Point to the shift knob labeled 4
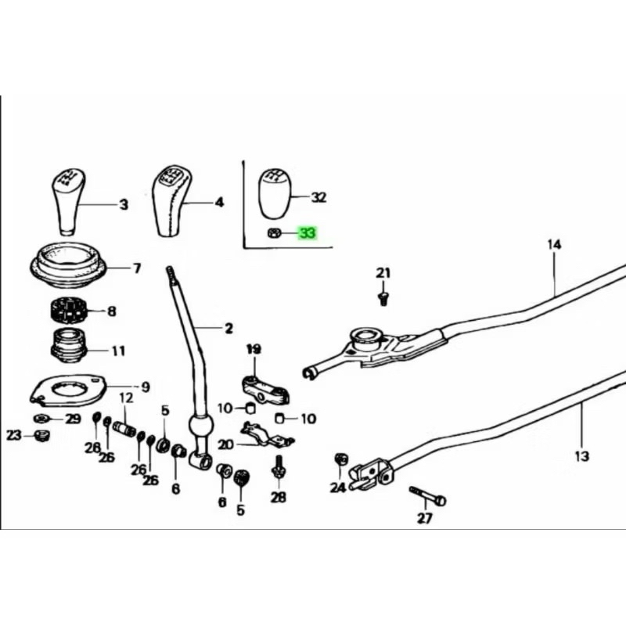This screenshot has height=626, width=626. point(171,200)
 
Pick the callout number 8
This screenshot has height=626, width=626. point(111,311)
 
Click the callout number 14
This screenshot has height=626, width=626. point(554,245)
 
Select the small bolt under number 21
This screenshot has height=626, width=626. point(383,297)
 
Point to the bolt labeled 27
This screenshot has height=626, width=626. point(426,496)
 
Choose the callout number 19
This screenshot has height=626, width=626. point(254,347)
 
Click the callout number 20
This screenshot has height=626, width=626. point(226,444)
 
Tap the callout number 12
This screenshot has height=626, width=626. point(126,398)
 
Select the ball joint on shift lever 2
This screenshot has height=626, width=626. point(200,428)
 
